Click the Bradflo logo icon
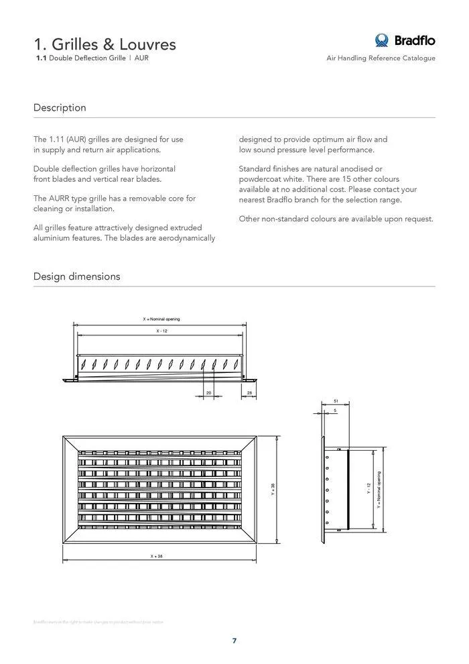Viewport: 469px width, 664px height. point(383,40)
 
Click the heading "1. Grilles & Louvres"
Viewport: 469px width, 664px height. point(105,44)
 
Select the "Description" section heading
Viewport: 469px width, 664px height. point(60,107)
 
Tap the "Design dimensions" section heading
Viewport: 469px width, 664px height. point(76,276)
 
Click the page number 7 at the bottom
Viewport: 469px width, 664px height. point(234,641)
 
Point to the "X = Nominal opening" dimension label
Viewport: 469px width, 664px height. point(161,319)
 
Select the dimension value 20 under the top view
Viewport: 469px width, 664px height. point(208,392)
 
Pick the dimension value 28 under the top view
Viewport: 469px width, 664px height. point(249,392)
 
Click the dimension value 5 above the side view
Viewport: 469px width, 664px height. point(334,410)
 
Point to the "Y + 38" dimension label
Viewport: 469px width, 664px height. point(273,490)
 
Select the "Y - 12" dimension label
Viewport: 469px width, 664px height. point(368,489)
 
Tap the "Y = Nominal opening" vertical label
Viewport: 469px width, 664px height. point(379,490)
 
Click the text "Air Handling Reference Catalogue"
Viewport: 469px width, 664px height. point(381,58)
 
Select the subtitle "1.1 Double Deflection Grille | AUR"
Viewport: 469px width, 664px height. point(92,58)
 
